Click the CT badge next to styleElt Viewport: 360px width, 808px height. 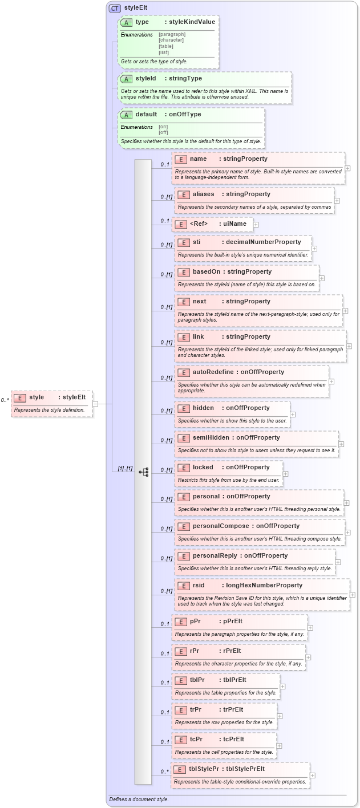(114, 9)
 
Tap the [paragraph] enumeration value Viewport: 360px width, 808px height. (172, 34)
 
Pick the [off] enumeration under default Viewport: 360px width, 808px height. (163, 132)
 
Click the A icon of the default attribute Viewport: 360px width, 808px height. (126, 115)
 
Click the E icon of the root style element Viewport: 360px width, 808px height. (19, 397)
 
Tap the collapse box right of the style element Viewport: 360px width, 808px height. (95, 404)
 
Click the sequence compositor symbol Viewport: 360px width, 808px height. (143, 472)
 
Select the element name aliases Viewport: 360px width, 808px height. (204, 194)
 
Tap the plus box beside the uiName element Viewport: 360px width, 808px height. (256, 225)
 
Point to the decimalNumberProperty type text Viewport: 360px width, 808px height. (264, 242)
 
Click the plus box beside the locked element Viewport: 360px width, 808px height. (285, 473)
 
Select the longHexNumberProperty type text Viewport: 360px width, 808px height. (264, 586)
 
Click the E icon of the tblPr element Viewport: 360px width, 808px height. (180, 680)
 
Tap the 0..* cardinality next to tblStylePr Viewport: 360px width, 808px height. (164, 772)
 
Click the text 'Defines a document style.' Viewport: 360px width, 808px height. (139, 799)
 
